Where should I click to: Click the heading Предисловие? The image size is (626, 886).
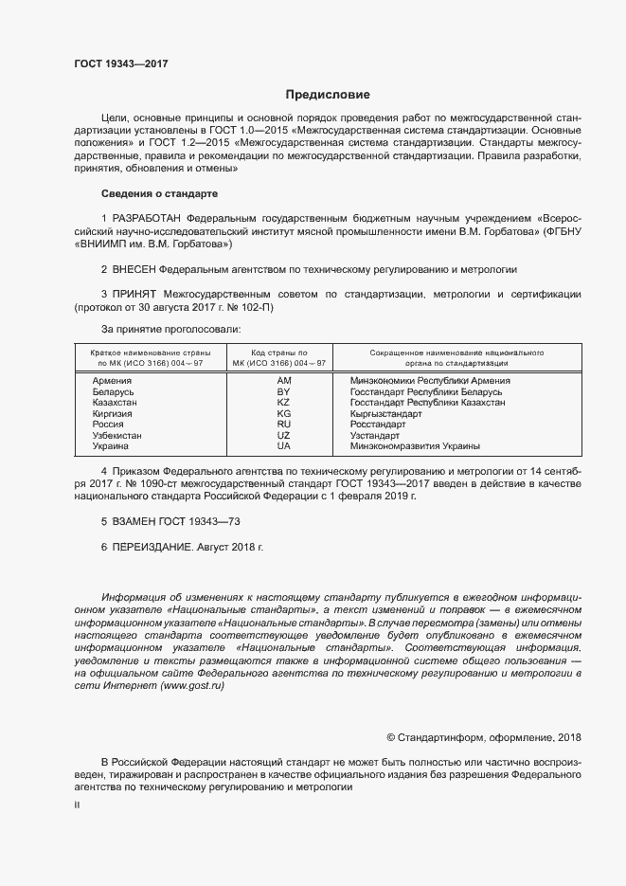point(328,95)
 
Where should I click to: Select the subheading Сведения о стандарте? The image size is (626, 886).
point(160,193)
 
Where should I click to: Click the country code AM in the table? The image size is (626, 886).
point(283,380)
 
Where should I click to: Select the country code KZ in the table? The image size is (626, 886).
point(283,403)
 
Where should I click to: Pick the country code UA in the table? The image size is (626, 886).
point(283,445)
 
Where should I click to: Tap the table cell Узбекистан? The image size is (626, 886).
point(116,435)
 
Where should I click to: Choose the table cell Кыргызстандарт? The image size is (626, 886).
point(386,413)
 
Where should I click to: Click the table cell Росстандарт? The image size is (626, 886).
point(378,424)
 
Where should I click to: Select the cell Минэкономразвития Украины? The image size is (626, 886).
point(415,445)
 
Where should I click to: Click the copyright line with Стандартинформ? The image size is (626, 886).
point(484,737)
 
